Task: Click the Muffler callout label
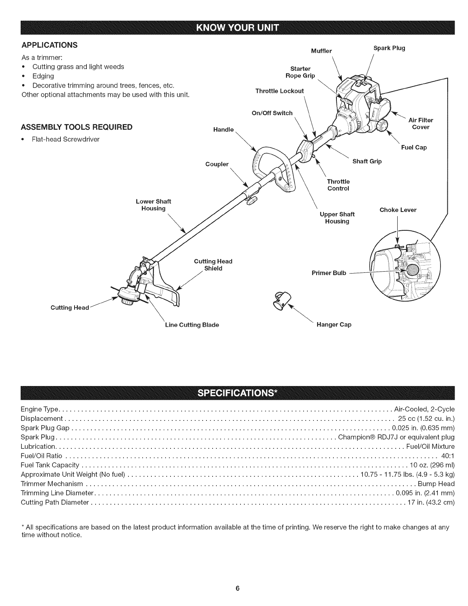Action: coord(322,51)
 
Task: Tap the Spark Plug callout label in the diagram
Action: coord(389,48)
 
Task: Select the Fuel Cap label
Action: coord(414,147)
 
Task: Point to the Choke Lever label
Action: coord(398,210)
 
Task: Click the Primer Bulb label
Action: coord(329,273)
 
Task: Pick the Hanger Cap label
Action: coord(334,324)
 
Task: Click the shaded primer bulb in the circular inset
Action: coord(412,271)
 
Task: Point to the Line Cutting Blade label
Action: coord(192,325)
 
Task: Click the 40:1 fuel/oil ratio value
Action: coord(448,456)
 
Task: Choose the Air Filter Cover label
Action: coord(421,124)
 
